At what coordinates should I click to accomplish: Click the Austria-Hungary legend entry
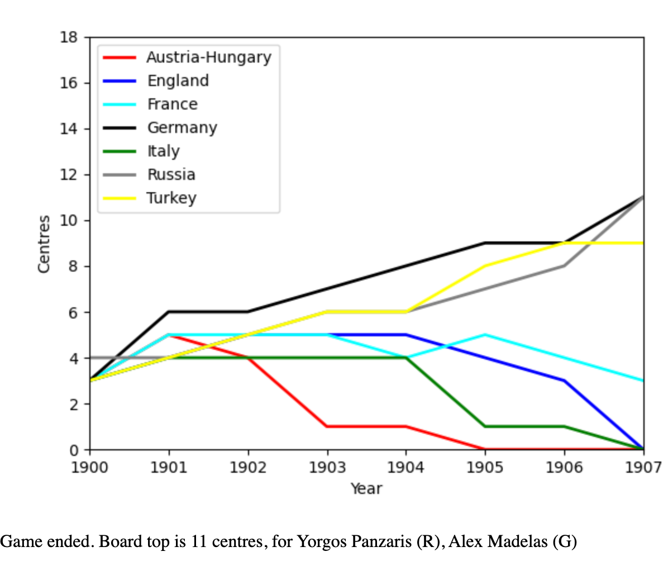[208, 57]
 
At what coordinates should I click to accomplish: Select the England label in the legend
[178, 80]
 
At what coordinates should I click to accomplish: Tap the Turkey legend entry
[171, 198]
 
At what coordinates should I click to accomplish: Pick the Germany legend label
[182, 127]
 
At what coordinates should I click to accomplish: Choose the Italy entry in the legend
[163, 151]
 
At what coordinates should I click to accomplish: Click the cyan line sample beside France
[119, 104]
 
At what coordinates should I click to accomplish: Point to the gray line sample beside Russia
[119, 175]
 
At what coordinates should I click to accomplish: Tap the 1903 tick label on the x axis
[327, 467]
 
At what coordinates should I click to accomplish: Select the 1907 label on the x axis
[643, 467]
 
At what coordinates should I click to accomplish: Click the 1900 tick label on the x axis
[90, 467]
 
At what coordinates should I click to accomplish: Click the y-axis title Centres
[44, 244]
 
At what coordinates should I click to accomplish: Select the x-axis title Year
[366, 488]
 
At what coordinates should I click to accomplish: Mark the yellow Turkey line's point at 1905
[485, 266]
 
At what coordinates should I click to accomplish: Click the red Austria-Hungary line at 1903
[327, 426]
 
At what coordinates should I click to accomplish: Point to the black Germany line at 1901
[169, 312]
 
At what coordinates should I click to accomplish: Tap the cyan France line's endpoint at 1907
[643, 381]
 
